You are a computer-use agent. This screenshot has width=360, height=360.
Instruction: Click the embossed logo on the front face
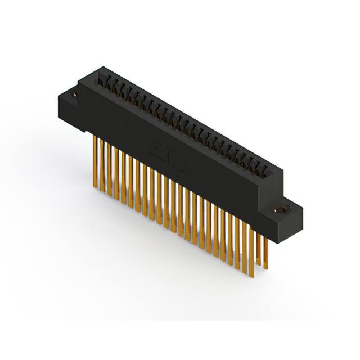tap(168, 157)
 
